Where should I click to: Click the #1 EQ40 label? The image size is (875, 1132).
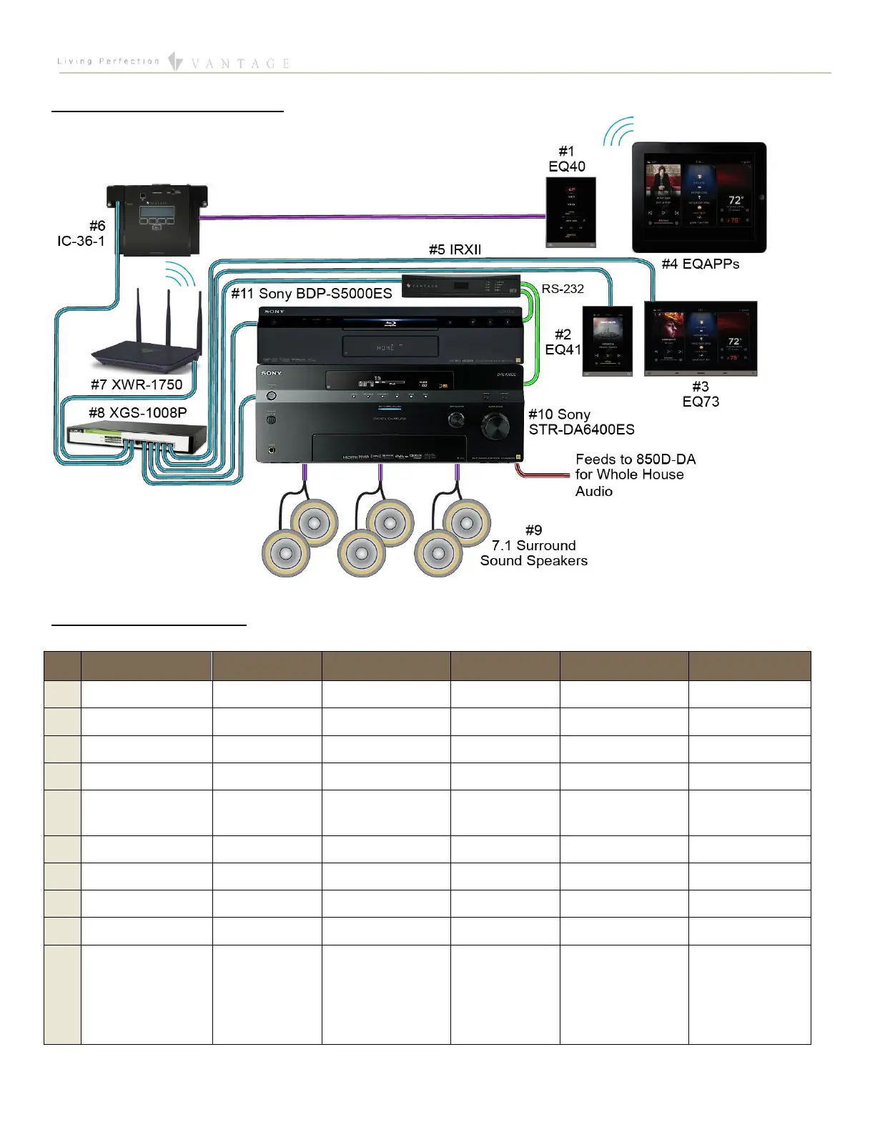tap(566, 159)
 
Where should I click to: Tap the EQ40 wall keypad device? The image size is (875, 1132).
tap(570, 212)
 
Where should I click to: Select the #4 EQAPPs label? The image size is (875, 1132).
tap(700, 264)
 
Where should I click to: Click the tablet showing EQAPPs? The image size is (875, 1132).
tap(698, 197)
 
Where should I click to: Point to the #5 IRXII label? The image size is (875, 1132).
tap(455, 249)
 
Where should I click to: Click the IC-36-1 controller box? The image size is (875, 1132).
tap(157, 219)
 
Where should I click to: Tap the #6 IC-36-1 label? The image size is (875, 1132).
tap(81, 234)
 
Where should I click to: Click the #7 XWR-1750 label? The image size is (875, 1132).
tap(137, 384)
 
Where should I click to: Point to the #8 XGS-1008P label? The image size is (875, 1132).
tap(137, 412)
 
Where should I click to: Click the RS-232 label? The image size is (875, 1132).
tap(563, 289)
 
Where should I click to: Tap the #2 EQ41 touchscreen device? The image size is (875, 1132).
tap(608, 341)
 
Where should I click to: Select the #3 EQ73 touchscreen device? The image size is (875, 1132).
tap(701, 338)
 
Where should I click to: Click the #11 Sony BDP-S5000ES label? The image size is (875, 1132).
tap(312, 294)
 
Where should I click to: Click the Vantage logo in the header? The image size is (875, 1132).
tap(229, 63)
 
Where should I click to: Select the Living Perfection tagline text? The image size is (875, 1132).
tap(108, 61)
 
